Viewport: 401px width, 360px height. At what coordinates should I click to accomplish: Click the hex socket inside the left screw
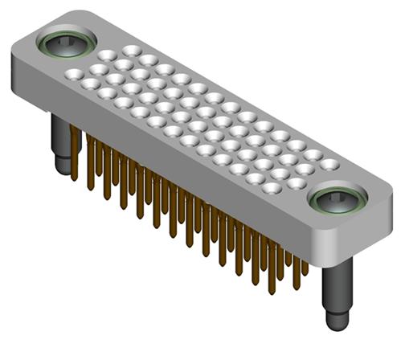(68, 43)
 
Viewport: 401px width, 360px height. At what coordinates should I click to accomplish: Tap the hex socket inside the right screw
(337, 199)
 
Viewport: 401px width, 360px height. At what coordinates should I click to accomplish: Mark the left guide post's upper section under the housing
(60, 129)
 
